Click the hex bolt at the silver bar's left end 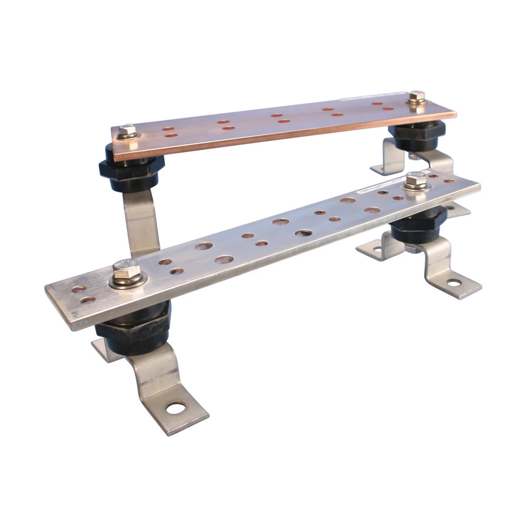126,272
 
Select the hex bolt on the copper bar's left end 126,131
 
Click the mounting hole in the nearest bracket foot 175,407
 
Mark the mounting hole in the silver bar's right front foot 453,284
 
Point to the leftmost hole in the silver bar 79,289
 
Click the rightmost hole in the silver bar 448,181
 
